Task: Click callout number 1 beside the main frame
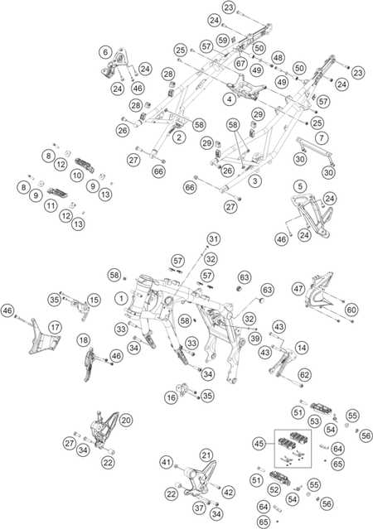pos(121,298)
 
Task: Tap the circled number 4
pos(230,99)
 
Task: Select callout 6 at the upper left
pos(106,52)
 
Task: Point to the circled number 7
pos(322,137)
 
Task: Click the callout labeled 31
pos(213,239)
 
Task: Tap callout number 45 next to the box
pos(259,444)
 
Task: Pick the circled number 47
pos(298,289)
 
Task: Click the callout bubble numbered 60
pos(351,310)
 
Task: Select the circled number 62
pos(305,375)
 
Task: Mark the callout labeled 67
pos(241,64)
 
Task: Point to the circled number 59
pos(223,41)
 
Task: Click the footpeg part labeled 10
pos(83,164)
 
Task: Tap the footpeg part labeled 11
pos(55,193)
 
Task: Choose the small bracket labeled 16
pos(184,389)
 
